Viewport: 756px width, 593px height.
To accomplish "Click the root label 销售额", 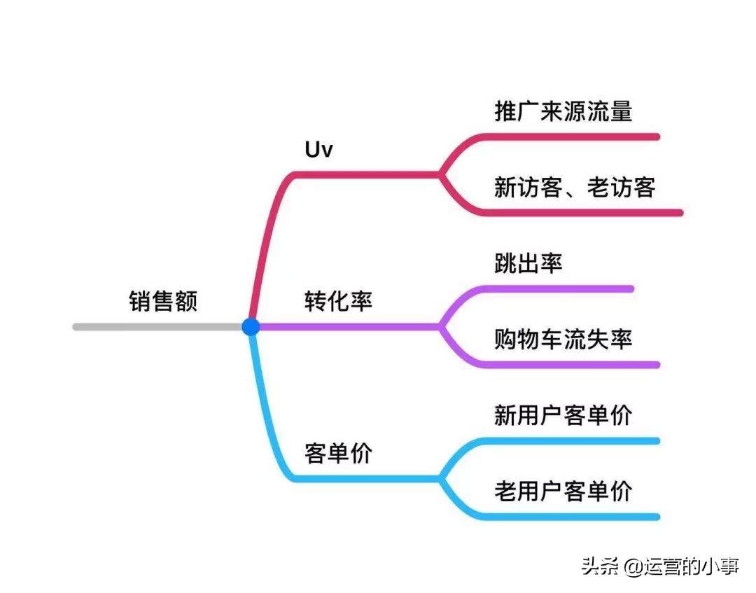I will [163, 301].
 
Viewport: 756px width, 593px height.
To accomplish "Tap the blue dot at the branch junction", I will [251, 326].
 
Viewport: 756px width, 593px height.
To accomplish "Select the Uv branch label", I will [318, 150].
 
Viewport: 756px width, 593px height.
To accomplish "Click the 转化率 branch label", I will [338, 301].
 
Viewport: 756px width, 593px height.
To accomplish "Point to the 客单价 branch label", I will [338, 454].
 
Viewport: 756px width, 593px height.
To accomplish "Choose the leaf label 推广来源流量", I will [563, 111].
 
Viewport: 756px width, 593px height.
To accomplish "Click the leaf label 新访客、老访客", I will [574, 188].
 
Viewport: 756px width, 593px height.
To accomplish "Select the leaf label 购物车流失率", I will [563, 340].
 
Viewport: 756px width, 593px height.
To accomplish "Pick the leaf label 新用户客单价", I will [563, 415].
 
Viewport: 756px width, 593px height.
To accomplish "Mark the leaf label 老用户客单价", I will [563, 491].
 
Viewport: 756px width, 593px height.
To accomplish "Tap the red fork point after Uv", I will [440, 174].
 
